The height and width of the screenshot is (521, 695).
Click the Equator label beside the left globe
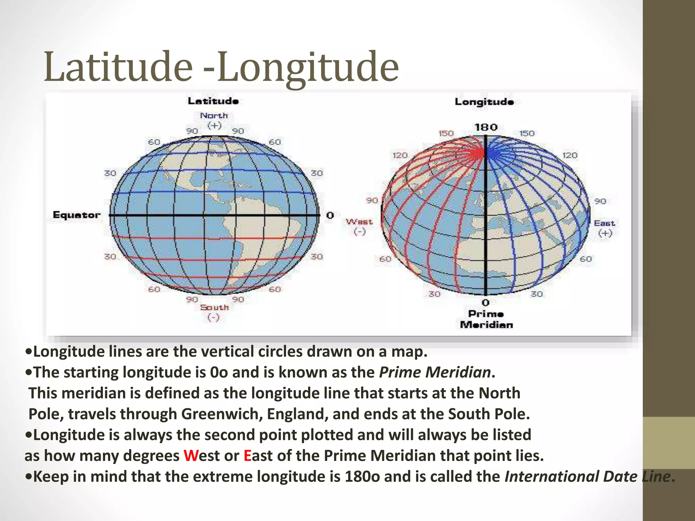[x=77, y=215]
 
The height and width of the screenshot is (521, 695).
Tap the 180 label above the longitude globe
[x=486, y=128]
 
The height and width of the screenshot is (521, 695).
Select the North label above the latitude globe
[x=214, y=116]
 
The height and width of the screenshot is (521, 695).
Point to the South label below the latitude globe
[x=214, y=307]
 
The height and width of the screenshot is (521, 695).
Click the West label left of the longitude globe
[x=359, y=222]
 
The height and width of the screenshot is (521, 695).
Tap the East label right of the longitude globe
[x=604, y=223]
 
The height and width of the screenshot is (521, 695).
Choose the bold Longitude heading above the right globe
[x=484, y=102]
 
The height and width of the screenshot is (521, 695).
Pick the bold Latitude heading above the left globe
[x=213, y=101]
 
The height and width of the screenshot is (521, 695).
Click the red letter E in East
[x=247, y=456]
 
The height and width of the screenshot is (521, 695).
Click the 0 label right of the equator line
[x=330, y=215]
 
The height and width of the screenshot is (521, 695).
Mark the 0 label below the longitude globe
[x=486, y=302]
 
